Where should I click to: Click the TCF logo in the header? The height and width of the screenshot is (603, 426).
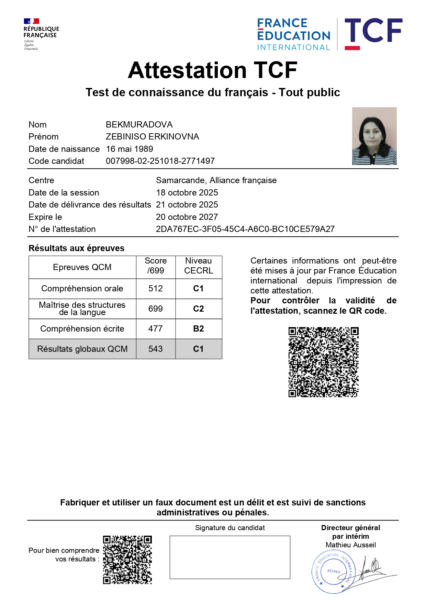[373, 33]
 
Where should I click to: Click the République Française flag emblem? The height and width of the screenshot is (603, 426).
[31, 21]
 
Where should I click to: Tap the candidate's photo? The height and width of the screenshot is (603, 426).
[374, 136]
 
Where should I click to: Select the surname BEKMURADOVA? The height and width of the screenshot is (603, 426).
[139, 124]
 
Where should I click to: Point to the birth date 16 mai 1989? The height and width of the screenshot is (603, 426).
[130, 149]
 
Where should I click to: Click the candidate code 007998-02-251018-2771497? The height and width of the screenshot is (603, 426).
[160, 161]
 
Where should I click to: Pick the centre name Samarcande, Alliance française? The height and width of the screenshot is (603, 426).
[216, 180]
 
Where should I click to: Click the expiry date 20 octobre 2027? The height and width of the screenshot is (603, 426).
[187, 217]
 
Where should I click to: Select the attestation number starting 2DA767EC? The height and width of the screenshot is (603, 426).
[245, 229]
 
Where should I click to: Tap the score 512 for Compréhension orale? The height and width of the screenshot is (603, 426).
[156, 288]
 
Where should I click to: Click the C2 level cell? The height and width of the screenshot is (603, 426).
[199, 309]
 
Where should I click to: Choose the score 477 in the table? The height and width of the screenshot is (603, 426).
[156, 328]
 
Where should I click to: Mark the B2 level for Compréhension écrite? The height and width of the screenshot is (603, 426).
[199, 328]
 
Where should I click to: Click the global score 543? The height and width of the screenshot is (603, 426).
[156, 349]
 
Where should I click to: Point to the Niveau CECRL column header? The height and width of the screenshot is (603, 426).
[199, 266]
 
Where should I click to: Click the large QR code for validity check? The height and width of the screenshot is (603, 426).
[323, 362]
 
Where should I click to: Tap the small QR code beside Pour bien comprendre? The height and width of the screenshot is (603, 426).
[127, 559]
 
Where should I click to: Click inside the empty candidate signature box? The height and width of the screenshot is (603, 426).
[230, 557]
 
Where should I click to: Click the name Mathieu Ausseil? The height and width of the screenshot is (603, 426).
[350, 545]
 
